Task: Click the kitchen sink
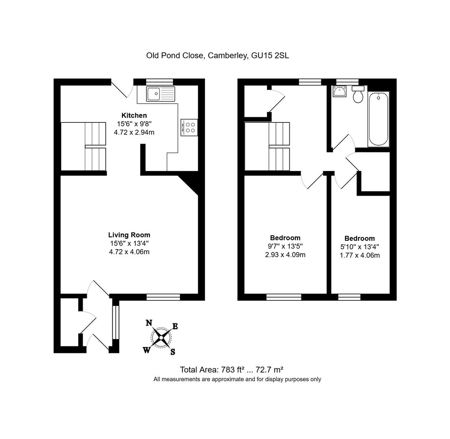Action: coord(161,94)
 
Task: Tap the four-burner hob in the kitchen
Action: coord(189,127)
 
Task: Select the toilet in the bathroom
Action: coord(358,95)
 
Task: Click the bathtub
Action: coord(378,118)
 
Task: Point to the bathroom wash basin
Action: coord(339,91)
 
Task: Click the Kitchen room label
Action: coord(134,115)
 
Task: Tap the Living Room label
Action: coord(129,235)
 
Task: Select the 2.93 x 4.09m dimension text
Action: coord(285,255)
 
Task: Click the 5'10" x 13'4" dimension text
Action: coord(359,247)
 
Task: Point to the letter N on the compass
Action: coord(149,323)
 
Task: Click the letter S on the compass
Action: coord(173,352)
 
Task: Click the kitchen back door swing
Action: coord(122,89)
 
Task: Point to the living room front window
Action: coord(163,297)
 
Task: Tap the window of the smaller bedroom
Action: coord(349,297)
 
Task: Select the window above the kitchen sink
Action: coord(159,82)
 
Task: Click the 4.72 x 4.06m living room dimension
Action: coord(129,252)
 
